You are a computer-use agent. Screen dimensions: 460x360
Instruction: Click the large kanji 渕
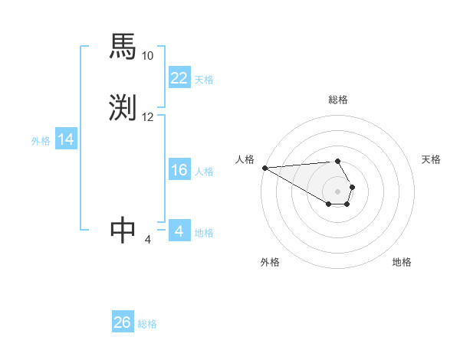pos(123,107)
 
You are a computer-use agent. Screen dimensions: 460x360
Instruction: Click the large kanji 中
pos(123,231)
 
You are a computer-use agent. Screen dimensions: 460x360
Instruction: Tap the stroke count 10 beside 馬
pos(148,56)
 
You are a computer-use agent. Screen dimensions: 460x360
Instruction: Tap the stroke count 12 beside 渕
pos(148,117)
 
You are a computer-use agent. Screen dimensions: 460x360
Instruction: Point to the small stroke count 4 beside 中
pos(148,240)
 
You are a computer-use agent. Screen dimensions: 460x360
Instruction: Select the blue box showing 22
pos(179,78)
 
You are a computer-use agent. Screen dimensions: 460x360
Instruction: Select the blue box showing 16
pos(179,170)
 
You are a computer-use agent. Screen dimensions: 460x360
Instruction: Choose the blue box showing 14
pos(66,139)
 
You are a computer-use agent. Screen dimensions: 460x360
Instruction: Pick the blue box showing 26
pos(123,322)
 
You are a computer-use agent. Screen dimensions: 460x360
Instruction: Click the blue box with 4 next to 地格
pos(179,231)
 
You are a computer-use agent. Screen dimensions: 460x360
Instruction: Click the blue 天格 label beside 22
pos(204,80)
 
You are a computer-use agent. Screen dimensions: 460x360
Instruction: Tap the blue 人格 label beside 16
pos(204,172)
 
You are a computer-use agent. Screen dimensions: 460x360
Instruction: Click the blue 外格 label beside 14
pos(41,141)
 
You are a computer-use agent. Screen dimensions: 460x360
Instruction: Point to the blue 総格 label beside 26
pos(147,324)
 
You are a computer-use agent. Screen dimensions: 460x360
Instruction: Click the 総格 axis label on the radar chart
pos(338,100)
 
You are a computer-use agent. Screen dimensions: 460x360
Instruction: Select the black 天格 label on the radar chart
pos(431,159)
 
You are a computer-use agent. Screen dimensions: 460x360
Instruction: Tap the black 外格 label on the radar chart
pos(270,262)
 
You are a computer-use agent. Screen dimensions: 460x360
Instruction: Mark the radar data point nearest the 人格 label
pos(264,168)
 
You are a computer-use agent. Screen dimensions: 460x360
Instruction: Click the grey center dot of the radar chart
pos(338,191)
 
